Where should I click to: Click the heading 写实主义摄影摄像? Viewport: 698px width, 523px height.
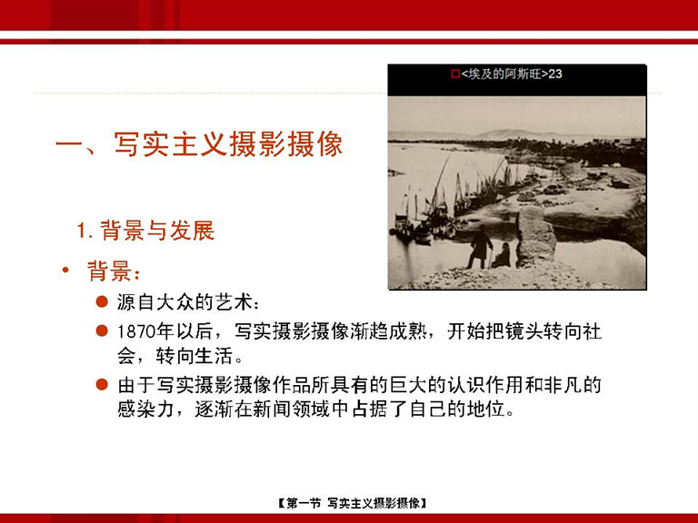[228, 144]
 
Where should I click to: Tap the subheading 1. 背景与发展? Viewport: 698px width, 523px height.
[145, 231]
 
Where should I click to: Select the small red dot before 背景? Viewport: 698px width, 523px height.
[65, 270]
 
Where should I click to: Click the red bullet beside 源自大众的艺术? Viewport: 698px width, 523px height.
[102, 302]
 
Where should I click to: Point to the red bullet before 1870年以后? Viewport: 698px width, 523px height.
[102, 331]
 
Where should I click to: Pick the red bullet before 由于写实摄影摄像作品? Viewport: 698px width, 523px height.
[102, 384]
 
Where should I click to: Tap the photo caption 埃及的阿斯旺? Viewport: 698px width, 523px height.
[504, 74]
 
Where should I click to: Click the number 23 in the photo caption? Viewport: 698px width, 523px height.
[555, 74]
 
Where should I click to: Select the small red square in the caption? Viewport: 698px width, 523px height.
[455, 74]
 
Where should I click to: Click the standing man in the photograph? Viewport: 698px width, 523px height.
[480, 247]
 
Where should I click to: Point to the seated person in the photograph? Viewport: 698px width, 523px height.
[502, 255]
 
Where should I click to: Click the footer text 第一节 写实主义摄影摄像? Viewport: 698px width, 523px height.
[352, 503]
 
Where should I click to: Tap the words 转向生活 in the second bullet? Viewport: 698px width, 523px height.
[194, 356]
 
